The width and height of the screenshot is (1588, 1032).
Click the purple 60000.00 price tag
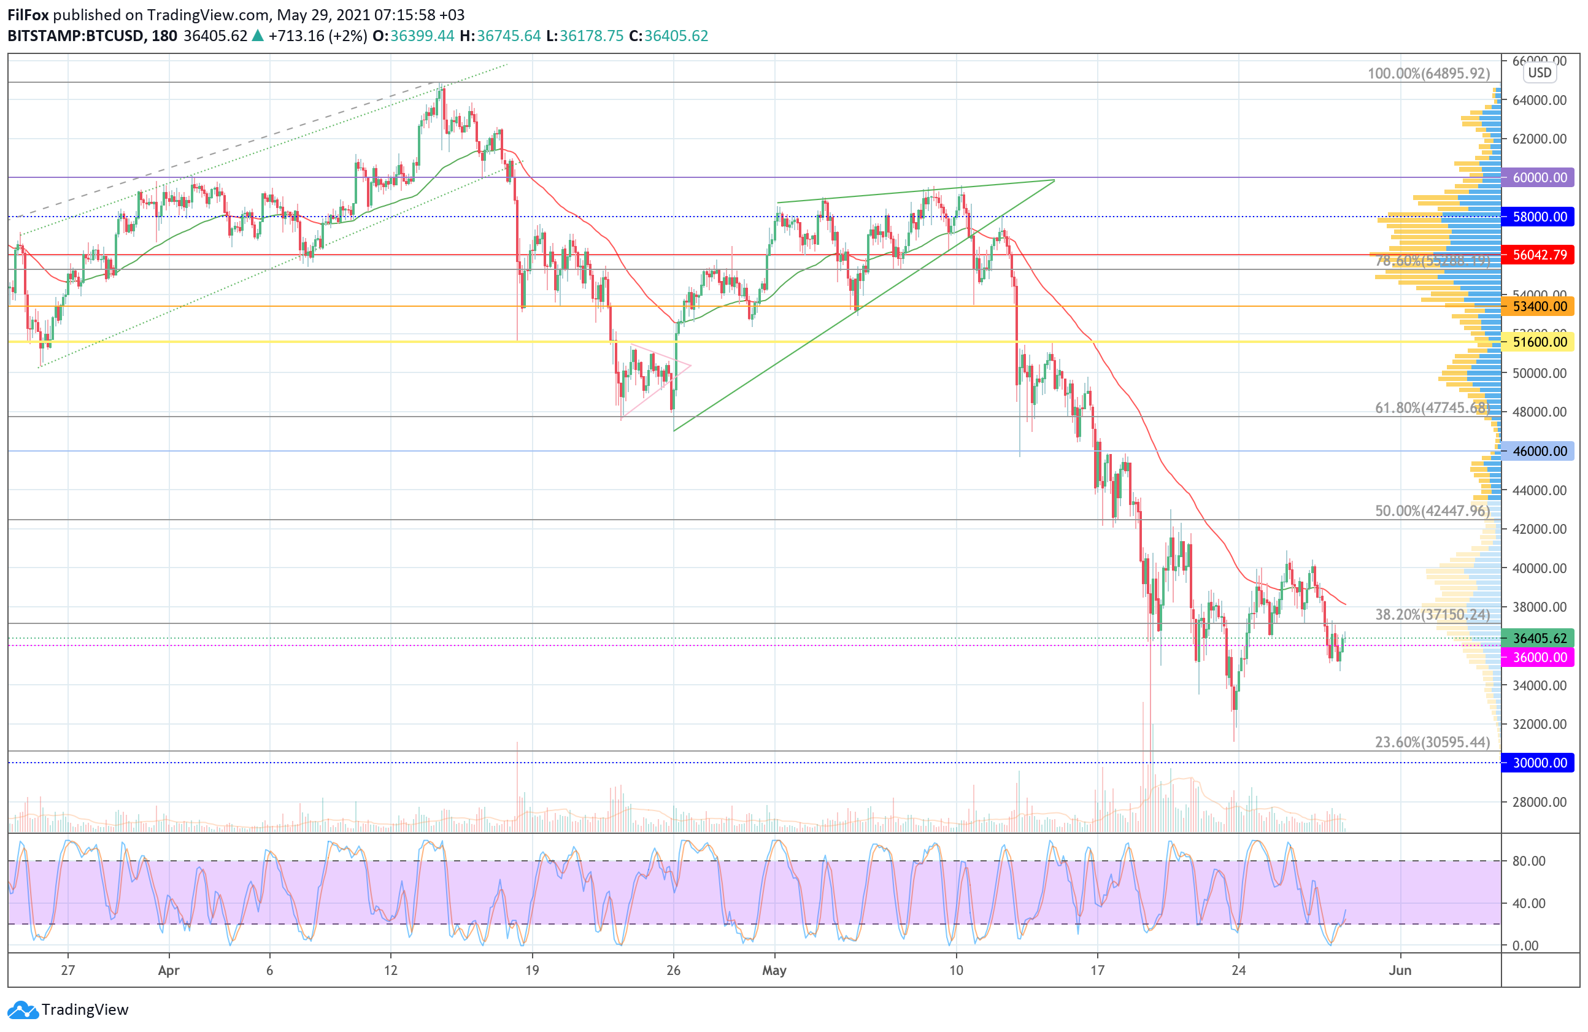click(x=1539, y=177)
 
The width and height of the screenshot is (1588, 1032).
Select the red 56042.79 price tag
click(x=1539, y=255)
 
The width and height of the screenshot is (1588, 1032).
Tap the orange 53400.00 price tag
click(x=1539, y=306)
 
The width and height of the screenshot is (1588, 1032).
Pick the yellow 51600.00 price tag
click(x=1539, y=342)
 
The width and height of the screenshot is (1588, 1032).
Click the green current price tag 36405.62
click(x=1539, y=637)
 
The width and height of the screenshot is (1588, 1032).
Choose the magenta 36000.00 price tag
click(x=1539, y=657)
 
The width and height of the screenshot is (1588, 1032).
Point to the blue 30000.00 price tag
click(x=1539, y=763)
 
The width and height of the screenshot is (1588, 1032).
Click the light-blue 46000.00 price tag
click(x=1539, y=451)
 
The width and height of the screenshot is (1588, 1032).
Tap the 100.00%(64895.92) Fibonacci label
click(x=1428, y=74)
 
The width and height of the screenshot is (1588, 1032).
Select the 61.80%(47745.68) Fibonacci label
click(x=1432, y=407)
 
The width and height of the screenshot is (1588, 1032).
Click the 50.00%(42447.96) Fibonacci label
click(x=1432, y=511)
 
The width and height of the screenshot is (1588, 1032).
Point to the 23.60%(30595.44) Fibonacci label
click(x=1432, y=742)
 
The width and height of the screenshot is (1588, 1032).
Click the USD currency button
click(x=1540, y=73)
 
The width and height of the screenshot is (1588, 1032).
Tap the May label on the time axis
click(x=774, y=970)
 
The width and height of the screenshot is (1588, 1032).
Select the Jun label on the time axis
click(x=1400, y=970)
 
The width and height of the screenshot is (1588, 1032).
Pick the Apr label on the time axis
click(x=169, y=970)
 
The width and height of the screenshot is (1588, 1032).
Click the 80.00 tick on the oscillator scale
click(x=1528, y=861)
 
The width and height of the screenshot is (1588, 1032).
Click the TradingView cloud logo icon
click(x=23, y=1010)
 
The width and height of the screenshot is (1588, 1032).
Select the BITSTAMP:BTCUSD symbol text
click(x=75, y=36)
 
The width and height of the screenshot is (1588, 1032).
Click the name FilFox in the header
click(x=28, y=15)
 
